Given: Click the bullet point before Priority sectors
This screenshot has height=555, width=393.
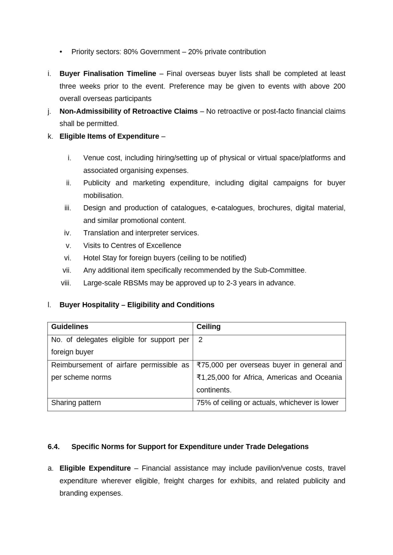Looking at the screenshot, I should [61, 52].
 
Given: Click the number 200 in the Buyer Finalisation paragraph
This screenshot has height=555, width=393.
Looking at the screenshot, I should [339, 86].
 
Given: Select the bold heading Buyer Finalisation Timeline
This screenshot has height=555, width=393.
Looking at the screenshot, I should [108, 74].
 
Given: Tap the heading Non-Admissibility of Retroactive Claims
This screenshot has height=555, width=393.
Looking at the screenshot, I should [128, 111].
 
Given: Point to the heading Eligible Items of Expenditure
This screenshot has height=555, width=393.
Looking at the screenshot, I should [109, 136].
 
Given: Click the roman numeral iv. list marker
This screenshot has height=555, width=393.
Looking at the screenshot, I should [68, 233].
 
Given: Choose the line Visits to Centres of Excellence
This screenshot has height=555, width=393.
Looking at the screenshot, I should [132, 246].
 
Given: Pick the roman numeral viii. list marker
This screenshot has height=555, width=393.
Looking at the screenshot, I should [66, 283].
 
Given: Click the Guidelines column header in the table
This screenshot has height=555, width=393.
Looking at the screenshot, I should [69, 327].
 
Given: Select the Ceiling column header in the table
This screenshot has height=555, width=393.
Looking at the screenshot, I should [208, 327].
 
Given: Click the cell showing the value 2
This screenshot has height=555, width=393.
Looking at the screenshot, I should [200, 340].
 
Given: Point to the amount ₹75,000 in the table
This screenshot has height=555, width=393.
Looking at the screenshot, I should [210, 365].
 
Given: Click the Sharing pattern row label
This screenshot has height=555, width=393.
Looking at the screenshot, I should [76, 403].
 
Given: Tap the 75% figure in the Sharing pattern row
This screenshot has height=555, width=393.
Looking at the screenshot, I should [204, 403].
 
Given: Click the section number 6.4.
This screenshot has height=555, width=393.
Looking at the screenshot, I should [54, 447].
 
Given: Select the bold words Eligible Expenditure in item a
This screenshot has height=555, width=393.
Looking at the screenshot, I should [95, 468].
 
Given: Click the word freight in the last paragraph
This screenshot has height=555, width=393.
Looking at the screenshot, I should [174, 481].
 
